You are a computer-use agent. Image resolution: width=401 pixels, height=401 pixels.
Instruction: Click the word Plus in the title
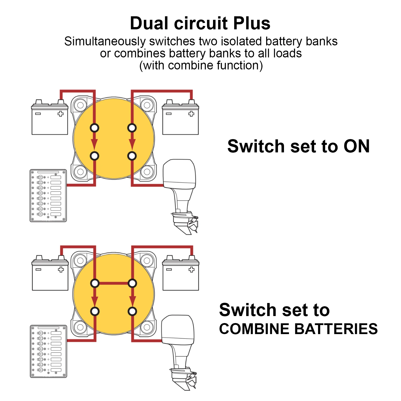click(x=252, y=24)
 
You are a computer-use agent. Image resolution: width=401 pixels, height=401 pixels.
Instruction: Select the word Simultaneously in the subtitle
click(x=105, y=42)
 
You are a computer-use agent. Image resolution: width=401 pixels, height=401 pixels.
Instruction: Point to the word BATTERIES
click(x=336, y=329)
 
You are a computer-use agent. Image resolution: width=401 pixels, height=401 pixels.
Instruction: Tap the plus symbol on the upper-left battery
click(x=60, y=114)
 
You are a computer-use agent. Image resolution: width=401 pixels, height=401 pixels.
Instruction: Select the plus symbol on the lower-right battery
click(x=191, y=270)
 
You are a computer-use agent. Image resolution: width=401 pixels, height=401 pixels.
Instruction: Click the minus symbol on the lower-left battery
click(x=38, y=270)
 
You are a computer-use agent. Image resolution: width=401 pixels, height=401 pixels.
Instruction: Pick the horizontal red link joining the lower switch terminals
click(x=114, y=283)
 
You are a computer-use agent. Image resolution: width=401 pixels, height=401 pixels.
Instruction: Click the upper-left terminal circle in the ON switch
click(x=94, y=128)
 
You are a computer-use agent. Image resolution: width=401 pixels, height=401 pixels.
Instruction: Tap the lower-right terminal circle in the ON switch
click(x=132, y=156)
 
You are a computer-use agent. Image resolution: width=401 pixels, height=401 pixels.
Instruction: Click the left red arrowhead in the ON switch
click(x=94, y=144)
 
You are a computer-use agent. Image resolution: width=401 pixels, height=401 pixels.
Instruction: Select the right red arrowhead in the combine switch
click(x=132, y=300)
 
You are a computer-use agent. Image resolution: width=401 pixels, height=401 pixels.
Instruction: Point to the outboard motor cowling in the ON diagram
click(x=179, y=173)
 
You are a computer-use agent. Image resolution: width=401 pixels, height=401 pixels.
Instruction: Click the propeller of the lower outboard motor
click(x=191, y=381)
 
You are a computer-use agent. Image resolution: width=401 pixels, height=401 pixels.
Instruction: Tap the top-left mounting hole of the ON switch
click(x=80, y=105)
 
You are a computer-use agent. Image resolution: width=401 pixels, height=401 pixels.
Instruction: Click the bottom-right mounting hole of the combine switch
click(x=147, y=327)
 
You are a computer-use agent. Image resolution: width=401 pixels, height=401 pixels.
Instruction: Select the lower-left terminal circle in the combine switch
click(x=95, y=312)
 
